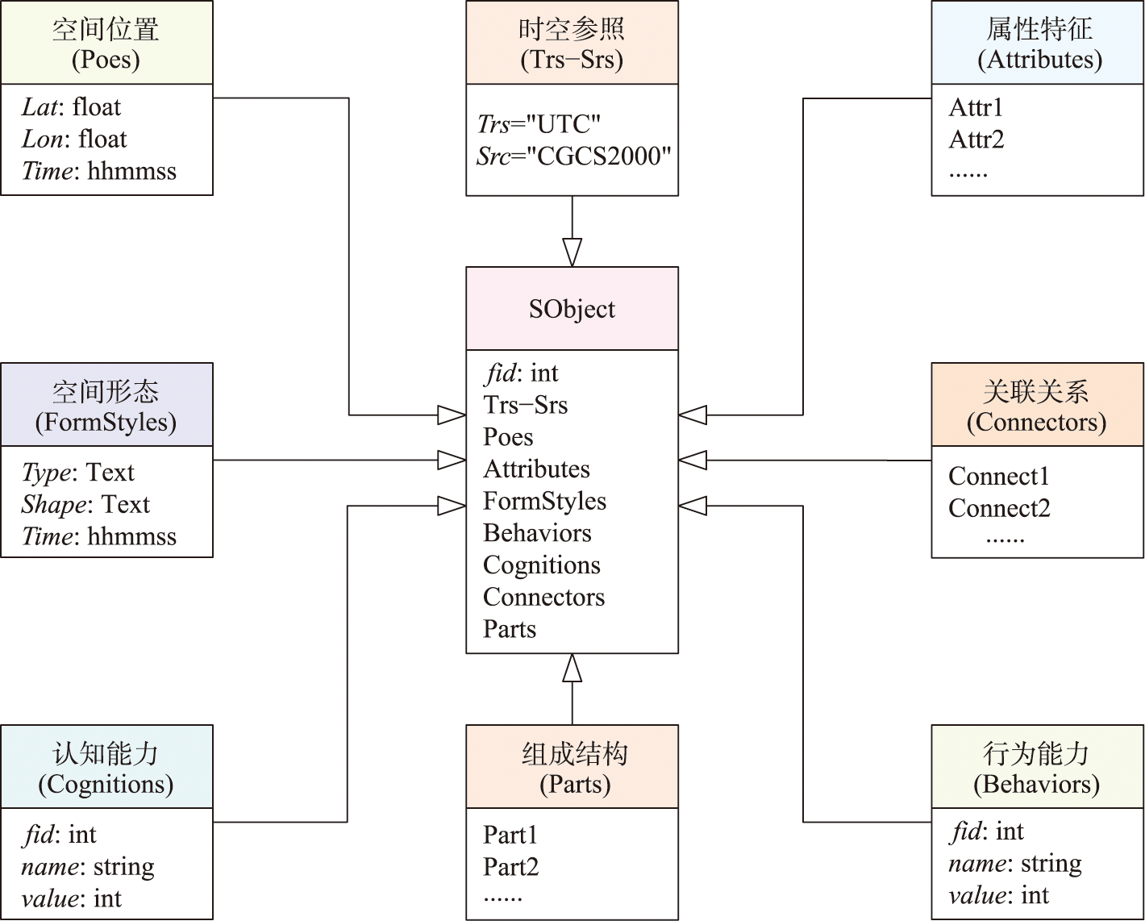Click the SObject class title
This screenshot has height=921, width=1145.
[572, 309]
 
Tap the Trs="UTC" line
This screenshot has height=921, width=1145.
[539, 124]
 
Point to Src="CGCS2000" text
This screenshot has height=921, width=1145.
[573, 156]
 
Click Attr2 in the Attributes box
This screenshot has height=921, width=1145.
[976, 140]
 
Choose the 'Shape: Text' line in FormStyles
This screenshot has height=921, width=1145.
[85, 504]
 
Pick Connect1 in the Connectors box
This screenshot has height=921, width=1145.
[999, 476]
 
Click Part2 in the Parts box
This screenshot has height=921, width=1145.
[510, 867]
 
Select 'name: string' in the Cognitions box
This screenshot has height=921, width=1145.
[88, 867]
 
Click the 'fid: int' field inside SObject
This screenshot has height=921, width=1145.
[522, 373]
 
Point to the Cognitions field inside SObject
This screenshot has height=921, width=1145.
[542, 565]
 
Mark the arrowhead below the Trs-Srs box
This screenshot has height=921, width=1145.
[572, 252]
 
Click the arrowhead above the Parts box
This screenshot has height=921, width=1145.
[572, 669]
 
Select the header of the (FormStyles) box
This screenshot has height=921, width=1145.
[106, 406]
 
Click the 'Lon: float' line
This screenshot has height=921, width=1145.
[74, 140]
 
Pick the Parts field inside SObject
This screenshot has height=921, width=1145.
[510, 629]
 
